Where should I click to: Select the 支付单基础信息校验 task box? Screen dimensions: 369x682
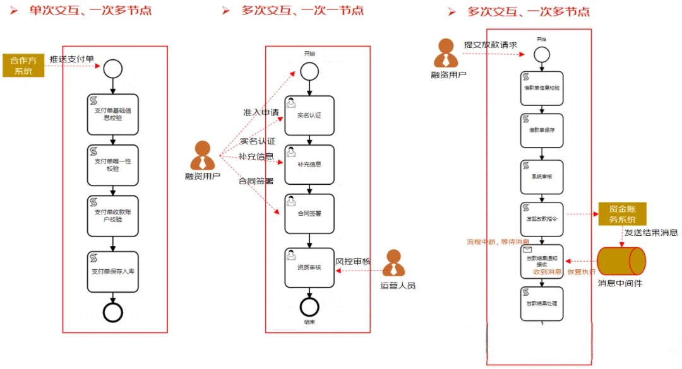click(x=112, y=114)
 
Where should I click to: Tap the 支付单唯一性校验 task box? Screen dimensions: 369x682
click(x=112, y=165)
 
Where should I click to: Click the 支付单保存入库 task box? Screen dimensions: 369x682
click(x=112, y=272)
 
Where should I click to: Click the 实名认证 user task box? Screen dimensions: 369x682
click(x=309, y=115)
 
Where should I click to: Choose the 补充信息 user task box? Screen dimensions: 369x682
click(x=309, y=164)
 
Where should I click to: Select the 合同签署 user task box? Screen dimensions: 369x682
click(x=309, y=213)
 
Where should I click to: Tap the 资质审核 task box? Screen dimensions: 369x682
click(x=309, y=267)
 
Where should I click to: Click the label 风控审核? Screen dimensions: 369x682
click(x=352, y=261)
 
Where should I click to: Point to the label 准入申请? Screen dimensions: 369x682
click(x=261, y=112)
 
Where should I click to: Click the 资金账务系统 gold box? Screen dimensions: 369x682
click(x=621, y=215)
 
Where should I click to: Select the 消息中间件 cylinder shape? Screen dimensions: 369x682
click(x=621, y=261)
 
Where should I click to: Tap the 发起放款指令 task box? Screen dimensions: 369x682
click(x=541, y=218)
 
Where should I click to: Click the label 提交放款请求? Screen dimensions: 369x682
click(x=491, y=44)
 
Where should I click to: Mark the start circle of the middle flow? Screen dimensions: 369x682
click(x=309, y=71)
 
